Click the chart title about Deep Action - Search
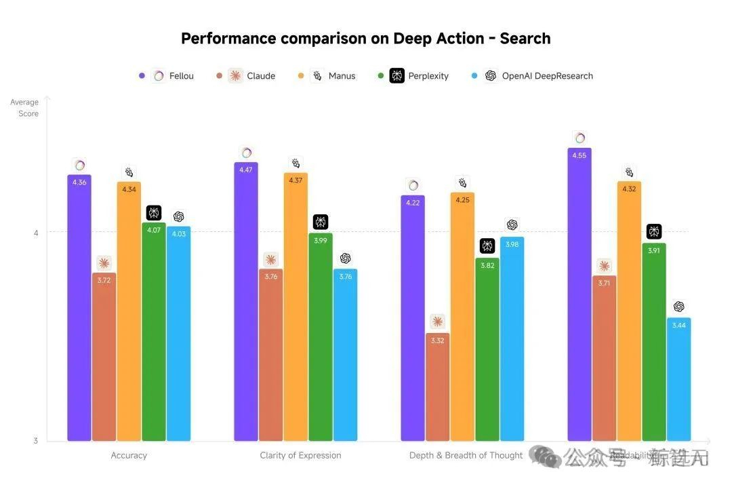pos(365,39)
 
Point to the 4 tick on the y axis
pos(36,233)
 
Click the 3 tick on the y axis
pos(36,441)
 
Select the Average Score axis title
pos(25,108)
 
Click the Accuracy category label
pos(129,455)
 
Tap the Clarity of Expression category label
pos(300,455)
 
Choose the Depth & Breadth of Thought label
pos(466,455)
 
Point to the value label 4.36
pos(79,182)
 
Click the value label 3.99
pos(321,241)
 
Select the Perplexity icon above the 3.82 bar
pos(487,246)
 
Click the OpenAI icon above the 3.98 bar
pos(512,225)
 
